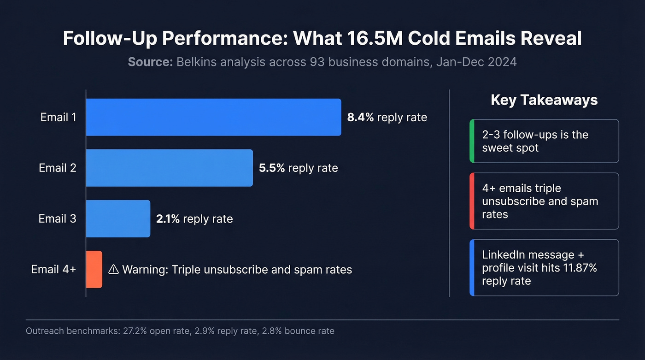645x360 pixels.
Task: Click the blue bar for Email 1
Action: coord(213,117)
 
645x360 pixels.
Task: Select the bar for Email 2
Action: coord(169,168)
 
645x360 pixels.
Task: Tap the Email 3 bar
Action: coord(118,218)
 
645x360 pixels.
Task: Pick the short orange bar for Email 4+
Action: coord(94,269)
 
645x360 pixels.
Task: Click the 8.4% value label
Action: coord(361,118)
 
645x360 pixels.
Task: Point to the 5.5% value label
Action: coord(272,168)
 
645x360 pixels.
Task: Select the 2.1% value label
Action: coord(168,219)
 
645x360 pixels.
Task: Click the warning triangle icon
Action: coord(113,270)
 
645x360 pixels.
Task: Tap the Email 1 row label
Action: coord(58,118)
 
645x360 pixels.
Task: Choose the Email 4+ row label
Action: coord(53,269)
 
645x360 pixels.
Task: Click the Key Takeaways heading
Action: coord(544,100)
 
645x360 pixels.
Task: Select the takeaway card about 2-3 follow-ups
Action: coord(544,141)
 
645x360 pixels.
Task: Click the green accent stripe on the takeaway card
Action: coord(471,141)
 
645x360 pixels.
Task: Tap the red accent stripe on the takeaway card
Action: coord(471,201)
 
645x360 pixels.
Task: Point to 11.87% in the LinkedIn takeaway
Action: coord(579,268)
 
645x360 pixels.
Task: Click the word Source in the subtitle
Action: coord(150,62)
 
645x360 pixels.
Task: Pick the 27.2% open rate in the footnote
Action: coord(148,331)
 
